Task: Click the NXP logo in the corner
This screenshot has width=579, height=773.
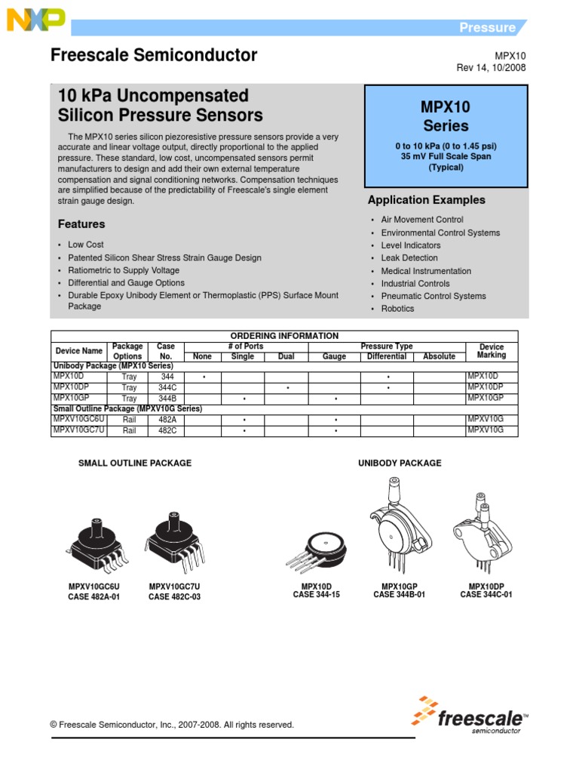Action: click(x=35, y=21)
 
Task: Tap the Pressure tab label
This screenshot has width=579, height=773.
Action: click(x=488, y=28)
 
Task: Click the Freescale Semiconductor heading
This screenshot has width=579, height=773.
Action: click(x=154, y=55)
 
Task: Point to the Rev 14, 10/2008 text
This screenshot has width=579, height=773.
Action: click(x=491, y=68)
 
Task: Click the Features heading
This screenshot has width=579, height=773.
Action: click(x=81, y=224)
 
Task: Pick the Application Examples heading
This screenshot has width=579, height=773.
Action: click(x=426, y=200)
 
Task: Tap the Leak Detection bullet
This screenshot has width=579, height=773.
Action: click(x=409, y=258)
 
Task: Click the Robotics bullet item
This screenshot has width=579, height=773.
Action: click(x=397, y=309)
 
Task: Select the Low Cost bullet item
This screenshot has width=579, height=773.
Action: click(x=86, y=245)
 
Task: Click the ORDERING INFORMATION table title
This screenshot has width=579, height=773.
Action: click(x=284, y=336)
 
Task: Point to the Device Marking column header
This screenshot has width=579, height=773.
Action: click(x=492, y=351)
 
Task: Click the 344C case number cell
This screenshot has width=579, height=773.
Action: click(x=166, y=387)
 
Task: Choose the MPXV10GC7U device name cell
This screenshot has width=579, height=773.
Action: click(x=79, y=430)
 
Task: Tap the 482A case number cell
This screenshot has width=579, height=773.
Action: click(x=166, y=419)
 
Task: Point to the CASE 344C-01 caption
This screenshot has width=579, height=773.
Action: click(x=486, y=595)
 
